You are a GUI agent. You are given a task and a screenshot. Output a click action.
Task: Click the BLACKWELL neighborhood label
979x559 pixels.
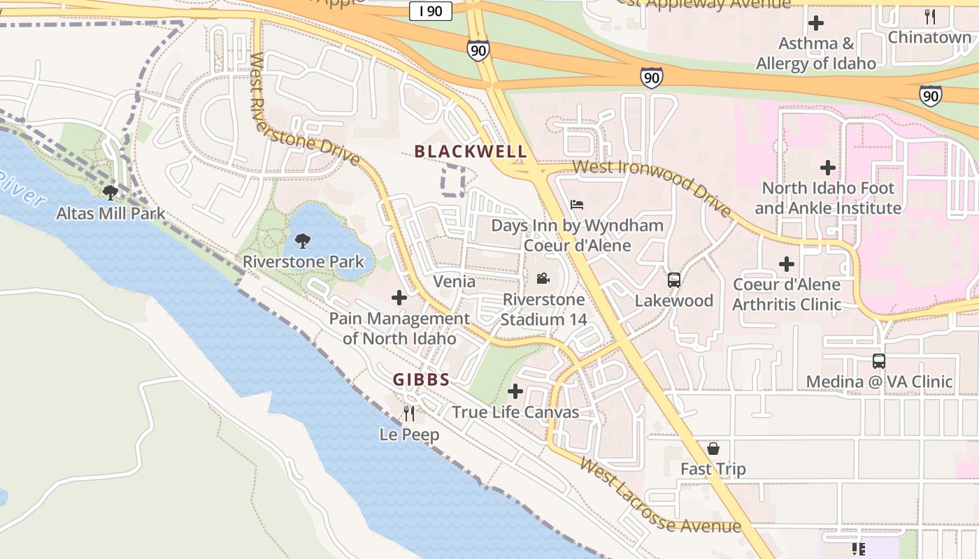pos(471,152)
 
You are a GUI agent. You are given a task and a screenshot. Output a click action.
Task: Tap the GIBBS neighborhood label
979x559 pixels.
pos(420,379)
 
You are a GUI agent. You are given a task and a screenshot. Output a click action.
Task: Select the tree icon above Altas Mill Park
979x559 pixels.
pos(110,192)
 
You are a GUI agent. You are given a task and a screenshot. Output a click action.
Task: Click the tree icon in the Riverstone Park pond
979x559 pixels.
pos(303,241)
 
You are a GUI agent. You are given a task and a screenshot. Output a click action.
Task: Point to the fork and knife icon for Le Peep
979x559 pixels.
pos(409,414)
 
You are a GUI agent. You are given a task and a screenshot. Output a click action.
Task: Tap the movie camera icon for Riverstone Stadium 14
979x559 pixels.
pos(543,279)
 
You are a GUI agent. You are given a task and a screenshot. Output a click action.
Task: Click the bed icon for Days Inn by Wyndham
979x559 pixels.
pos(577,205)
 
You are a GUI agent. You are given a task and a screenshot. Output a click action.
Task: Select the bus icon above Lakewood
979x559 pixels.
pos(674,280)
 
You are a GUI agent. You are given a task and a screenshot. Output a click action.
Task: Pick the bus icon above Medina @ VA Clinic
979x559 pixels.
pos(879,361)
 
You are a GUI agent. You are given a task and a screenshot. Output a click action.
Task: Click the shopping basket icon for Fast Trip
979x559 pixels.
pos(713,449)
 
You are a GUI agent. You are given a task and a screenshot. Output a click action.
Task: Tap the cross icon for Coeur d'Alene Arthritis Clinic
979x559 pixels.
pos(787,264)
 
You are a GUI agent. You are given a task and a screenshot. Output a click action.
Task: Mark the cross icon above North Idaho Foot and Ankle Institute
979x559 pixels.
pos(828,168)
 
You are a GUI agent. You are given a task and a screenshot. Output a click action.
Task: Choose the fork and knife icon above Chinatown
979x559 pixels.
pos(930,17)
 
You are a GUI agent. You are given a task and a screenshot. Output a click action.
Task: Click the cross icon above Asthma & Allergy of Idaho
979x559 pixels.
pos(815,23)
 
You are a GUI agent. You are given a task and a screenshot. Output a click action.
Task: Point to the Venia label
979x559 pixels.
pos(455,282)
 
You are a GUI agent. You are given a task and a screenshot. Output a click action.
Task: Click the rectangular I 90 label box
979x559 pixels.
pos(431,10)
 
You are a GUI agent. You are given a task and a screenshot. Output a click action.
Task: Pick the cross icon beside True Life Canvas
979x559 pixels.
pos(515,391)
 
